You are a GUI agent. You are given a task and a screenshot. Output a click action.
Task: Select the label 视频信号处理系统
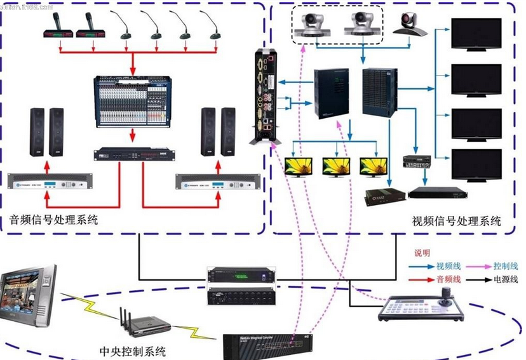456,221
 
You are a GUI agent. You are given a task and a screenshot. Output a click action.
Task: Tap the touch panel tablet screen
28,295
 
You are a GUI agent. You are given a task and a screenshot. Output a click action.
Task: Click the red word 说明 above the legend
423,252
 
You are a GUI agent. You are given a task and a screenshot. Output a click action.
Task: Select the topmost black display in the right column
476,34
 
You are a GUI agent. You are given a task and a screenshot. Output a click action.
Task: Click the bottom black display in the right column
476,164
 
